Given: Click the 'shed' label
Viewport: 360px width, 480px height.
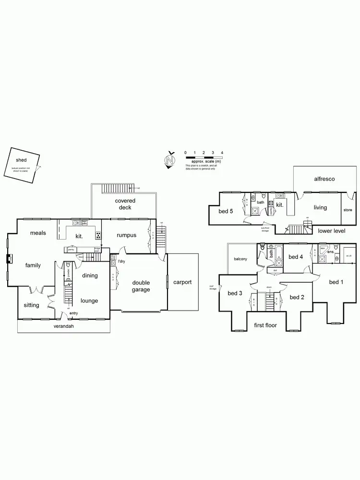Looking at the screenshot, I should point(21,159).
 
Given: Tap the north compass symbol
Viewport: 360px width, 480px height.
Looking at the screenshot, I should point(169,160).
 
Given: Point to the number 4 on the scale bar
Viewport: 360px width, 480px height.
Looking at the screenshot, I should point(222,153).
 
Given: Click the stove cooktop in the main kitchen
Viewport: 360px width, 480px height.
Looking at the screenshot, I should point(98,235).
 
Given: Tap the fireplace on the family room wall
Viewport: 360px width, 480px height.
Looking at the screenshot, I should point(9,260).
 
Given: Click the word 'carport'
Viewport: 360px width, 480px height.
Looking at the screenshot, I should point(182,282).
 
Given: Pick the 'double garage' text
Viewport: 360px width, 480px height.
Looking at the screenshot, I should point(141,286).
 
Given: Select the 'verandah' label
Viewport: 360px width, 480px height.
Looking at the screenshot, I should point(63,326).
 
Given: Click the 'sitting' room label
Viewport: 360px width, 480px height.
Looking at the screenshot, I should point(32,305).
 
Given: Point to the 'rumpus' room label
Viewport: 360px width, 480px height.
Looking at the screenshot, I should point(126,235).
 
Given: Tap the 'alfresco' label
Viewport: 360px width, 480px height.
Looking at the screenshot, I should point(324,179).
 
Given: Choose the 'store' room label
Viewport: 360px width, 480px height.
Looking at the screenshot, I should point(348,210).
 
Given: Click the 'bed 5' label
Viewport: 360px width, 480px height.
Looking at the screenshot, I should point(226,211).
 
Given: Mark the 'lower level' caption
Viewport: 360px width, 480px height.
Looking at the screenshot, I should point(331,231).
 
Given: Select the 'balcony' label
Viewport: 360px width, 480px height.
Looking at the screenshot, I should point(240,259).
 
